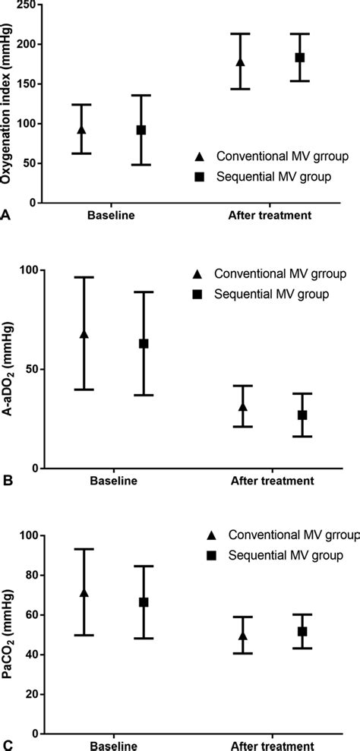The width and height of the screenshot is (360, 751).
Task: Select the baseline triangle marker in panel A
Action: pyautogui.click(x=82, y=130)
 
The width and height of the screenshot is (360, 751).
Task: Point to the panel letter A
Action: pyautogui.click(x=6, y=216)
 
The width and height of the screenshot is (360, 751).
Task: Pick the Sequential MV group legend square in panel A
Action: pyautogui.click(x=199, y=175)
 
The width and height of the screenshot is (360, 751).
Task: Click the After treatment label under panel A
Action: pyautogui.click(x=270, y=216)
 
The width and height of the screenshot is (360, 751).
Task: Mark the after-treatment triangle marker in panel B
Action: pyautogui.click(x=242, y=407)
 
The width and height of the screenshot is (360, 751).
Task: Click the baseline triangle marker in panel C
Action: pyautogui.click(x=84, y=592)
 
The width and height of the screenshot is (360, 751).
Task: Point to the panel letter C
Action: pyautogui.click(x=6, y=745)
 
